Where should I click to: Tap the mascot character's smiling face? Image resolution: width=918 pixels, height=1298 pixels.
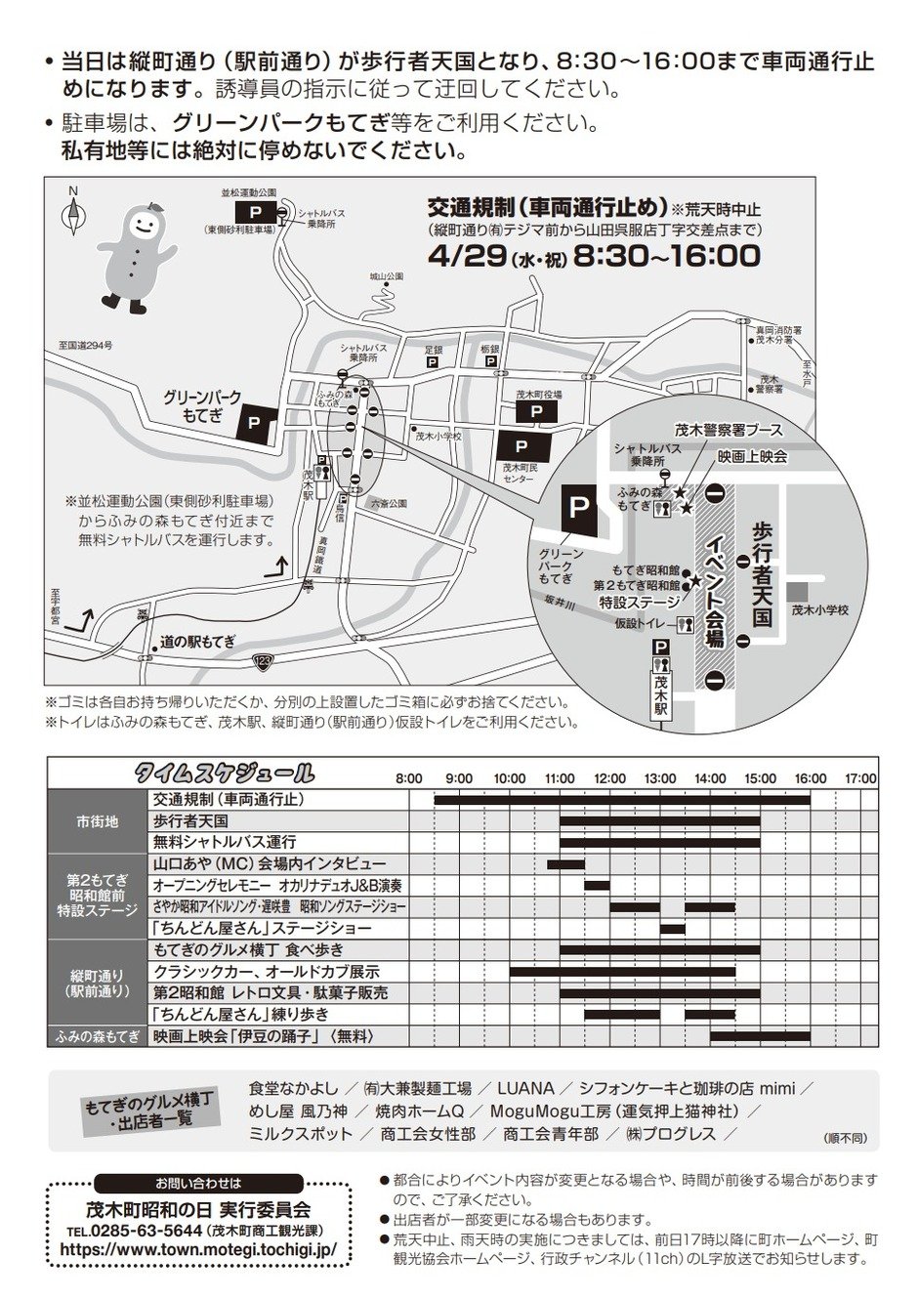[x=142, y=224]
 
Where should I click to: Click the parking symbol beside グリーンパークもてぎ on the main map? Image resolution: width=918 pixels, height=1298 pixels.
[x=254, y=422]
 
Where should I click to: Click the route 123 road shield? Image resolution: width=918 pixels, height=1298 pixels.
[x=263, y=662]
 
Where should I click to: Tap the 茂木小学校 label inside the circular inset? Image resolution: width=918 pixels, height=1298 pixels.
[x=819, y=609]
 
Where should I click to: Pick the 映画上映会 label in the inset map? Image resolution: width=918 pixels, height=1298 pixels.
[x=752, y=456]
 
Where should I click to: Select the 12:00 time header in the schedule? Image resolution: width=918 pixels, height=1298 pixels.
[x=609, y=778]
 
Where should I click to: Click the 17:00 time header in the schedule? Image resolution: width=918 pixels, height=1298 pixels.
[x=860, y=778]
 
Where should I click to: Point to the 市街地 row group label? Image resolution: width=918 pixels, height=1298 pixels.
[x=98, y=821]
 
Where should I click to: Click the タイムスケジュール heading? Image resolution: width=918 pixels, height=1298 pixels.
[x=225, y=775]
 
